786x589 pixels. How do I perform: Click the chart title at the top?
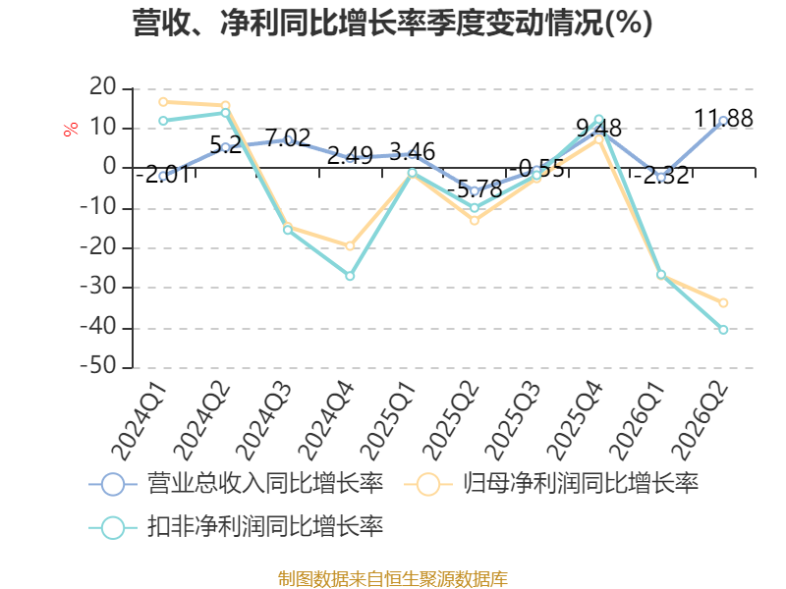click(392, 23)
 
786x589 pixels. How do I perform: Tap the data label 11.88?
click(723, 119)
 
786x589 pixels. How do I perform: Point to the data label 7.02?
click(288, 137)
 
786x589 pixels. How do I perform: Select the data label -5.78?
click(475, 189)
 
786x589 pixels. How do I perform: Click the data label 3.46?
click(412, 152)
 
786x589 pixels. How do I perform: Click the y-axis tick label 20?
click(103, 87)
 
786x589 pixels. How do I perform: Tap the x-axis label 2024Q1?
click(140, 421)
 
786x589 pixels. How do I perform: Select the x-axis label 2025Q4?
click(575, 421)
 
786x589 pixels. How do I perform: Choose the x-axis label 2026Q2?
click(700, 421)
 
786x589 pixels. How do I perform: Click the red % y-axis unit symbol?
click(71, 129)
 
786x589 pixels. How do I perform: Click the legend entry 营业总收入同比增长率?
click(236, 484)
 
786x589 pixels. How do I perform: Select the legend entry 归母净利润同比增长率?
click(551, 484)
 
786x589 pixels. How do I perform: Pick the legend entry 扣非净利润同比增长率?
click(236, 527)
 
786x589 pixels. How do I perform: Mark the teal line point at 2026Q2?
click(723, 330)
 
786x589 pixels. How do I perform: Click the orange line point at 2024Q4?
click(350, 246)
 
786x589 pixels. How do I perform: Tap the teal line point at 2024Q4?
click(350, 276)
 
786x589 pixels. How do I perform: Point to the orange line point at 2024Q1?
click(163, 102)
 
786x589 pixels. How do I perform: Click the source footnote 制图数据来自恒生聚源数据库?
click(393, 579)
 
